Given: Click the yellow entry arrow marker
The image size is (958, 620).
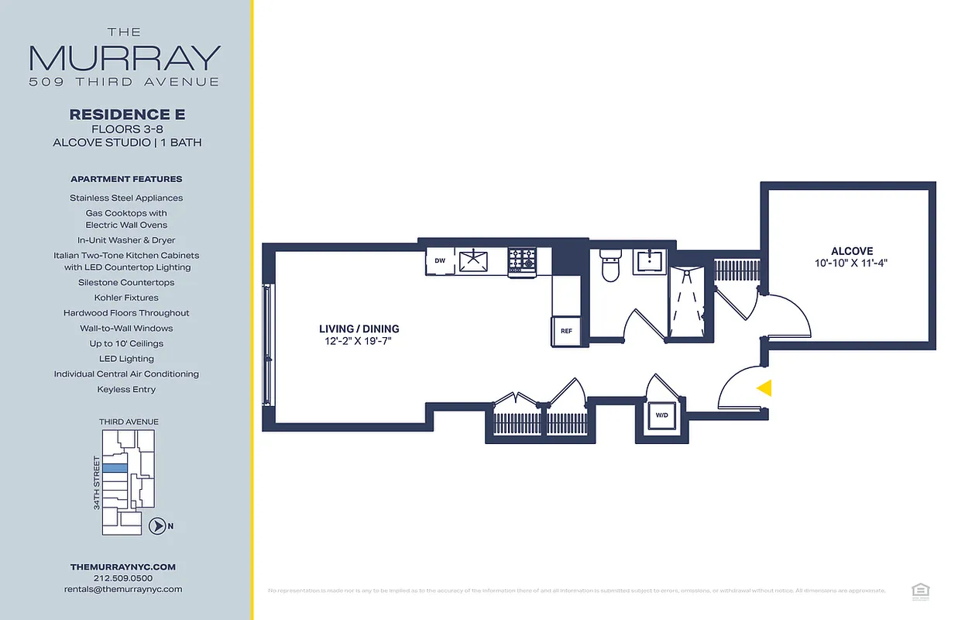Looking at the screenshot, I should [x=764, y=388].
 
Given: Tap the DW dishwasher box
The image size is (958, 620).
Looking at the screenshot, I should [x=439, y=261].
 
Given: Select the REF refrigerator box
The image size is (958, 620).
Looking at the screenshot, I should [x=566, y=331].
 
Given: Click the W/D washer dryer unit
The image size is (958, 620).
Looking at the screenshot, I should [x=661, y=416].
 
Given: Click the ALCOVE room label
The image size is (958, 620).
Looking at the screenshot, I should [x=852, y=251].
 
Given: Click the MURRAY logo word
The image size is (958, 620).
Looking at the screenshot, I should [x=125, y=58].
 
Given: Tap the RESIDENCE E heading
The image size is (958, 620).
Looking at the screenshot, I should [x=127, y=115].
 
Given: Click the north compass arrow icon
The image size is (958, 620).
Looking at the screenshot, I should [x=156, y=526].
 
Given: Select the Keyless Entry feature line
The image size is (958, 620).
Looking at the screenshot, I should [x=127, y=389].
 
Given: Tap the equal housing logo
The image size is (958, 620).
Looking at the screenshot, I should [x=921, y=591].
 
